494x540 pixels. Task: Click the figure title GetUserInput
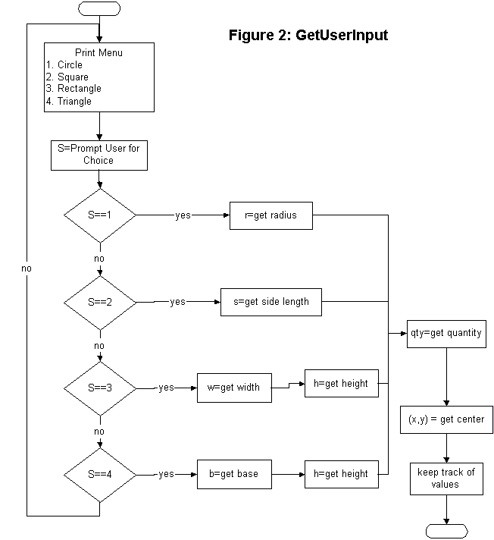pos(308,35)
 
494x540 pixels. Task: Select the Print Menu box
pos(99,77)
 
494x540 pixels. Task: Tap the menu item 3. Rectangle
pos(73,89)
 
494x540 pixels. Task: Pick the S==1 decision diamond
pos(99,215)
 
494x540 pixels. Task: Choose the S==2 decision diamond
pos(99,301)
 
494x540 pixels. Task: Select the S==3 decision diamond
pos(99,387)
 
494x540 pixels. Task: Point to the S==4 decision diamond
pos(99,474)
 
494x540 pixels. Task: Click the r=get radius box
pos(271,215)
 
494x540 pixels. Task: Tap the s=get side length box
pos(271,301)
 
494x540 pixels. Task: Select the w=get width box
pos(233,388)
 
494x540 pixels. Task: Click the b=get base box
pos(233,474)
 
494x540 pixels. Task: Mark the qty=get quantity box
pos(445,333)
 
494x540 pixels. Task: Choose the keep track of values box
pos(446,478)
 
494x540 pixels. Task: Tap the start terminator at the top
pos(99,8)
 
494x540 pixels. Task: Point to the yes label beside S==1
pos(183,215)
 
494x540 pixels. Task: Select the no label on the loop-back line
pos(27,268)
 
